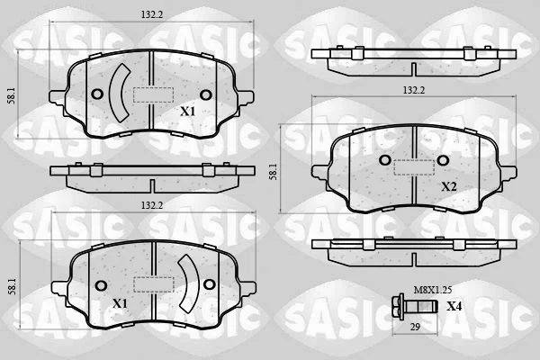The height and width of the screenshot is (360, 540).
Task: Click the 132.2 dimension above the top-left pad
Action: pyautogui.click(x=151, y=14)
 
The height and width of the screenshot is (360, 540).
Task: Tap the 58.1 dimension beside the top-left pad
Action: pyautogui.click(x=12, y=95)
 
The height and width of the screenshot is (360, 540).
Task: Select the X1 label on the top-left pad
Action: pyautogui.click(x=188, y=112)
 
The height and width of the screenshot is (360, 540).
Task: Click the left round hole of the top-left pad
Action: pyautogui.click(x=97, y=94)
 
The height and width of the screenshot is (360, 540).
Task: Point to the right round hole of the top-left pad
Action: pyautogui.click(x=206, y=94)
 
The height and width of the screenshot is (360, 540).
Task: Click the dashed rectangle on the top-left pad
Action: pyautogui.click(x=153, y=94)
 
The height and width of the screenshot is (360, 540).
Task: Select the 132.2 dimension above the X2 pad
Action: pyautogui.click(x=414, y=90)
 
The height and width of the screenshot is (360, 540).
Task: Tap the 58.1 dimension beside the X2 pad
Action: pyautogui.click(x=273, y=172)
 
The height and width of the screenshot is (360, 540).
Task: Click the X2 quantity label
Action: pyautogui.click(x=449, y=186)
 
